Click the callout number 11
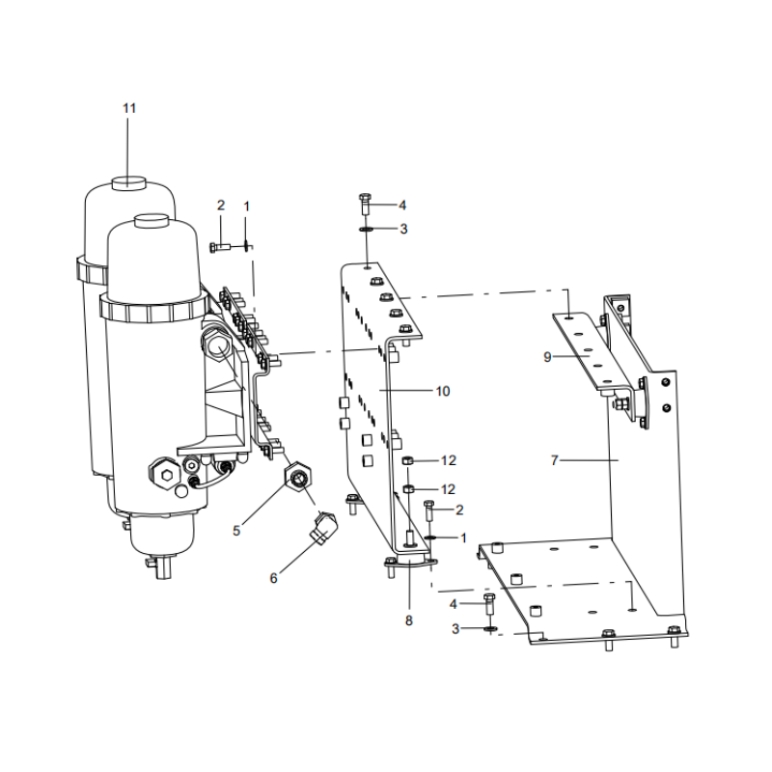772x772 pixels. (129, 108)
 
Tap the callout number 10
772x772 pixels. (443, 391)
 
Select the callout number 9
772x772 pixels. (547, 357)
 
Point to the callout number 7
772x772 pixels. (554, 460)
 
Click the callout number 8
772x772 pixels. (408, 620)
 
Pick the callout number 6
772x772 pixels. (273, 578)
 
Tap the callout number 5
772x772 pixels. (236, 531)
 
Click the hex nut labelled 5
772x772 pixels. (298, 477)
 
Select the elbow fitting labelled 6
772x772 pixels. (323, 527)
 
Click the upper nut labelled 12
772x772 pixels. (407, 461)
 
